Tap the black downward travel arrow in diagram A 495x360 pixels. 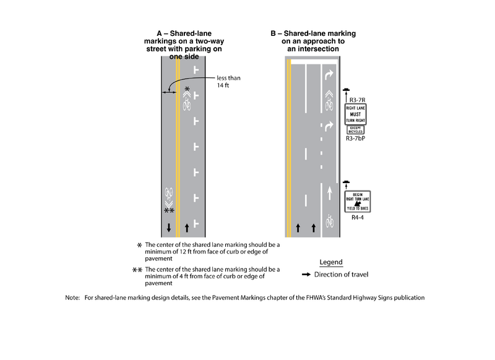pos(168,228)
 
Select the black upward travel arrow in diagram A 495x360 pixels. pos(186,228)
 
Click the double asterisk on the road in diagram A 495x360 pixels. pos(168,211)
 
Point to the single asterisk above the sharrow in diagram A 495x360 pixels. pos(187,90)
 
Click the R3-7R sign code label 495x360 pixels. pos(356,99)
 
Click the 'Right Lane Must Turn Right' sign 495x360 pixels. pos(355,114)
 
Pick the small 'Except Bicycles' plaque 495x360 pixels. pos(355,130)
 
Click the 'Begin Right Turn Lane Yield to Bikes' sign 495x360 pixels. pos(356,202)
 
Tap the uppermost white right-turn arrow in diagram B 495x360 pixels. pos(329,74)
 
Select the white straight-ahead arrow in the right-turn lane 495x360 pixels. pos(329,194)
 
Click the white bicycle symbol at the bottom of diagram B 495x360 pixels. pos(329,220)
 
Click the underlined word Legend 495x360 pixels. pos(330,262)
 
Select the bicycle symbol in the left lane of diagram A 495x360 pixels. pos(168,192)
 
